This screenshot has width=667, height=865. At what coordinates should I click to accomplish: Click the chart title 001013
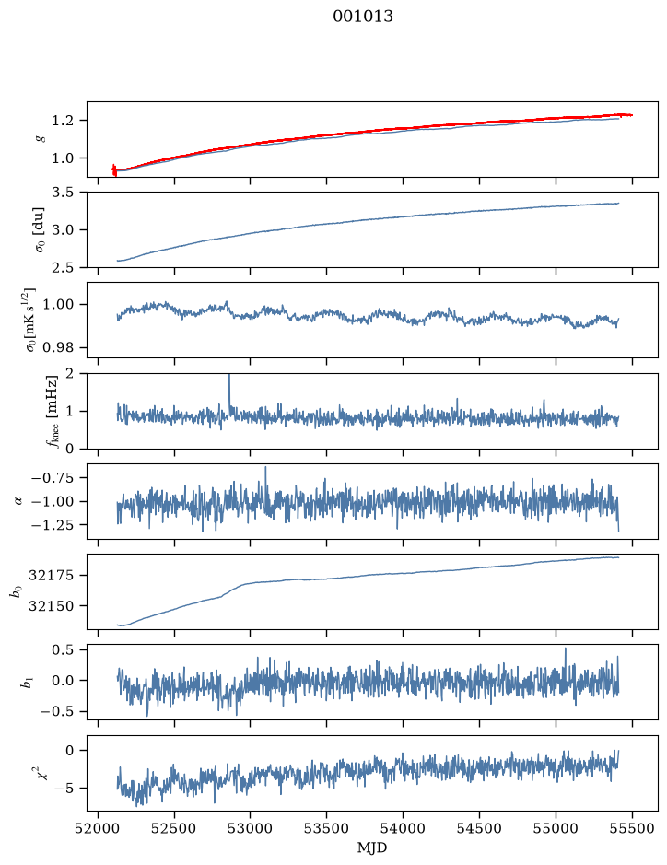pyautogui.click(x=362, y=17)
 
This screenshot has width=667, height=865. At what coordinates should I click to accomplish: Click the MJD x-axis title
pyautogui.click(x=372, y=847)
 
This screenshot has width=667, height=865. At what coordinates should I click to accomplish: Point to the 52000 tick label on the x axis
pyautogui.click(x=99, y=828)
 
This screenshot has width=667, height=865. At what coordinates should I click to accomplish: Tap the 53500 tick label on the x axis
pyautogui.click(x=327, y=828)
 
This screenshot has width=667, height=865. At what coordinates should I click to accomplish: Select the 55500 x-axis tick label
pyautogui.click(x=632, y=828)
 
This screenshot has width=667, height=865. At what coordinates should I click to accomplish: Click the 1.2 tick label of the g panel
pyautogui.click(x=63, y=121)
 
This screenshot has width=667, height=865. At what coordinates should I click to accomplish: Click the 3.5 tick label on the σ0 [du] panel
pyautogui.click(x=63, y=192)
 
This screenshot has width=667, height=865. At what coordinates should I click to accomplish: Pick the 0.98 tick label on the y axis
pyautogui.click(x=57, y=347)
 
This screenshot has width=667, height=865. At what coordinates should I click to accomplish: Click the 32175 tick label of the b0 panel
pyautogui.click(x=51, y=576)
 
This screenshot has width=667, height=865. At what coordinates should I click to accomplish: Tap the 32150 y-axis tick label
pyautogui.click(x=51, y=606)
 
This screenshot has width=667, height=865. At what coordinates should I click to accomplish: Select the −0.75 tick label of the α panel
pyautogui.click(x=53, y=478)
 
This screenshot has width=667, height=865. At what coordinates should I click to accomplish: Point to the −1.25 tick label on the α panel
pyautogui.click(x=53, y=525)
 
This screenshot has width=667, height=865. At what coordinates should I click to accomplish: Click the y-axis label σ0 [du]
pyautogui.click(x=40, y=229)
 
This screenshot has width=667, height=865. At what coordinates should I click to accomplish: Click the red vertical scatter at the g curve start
pyautogui.click(x=114, y=169)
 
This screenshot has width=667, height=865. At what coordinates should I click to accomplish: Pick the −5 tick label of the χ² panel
pyautogui.click(x=63, y=789)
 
